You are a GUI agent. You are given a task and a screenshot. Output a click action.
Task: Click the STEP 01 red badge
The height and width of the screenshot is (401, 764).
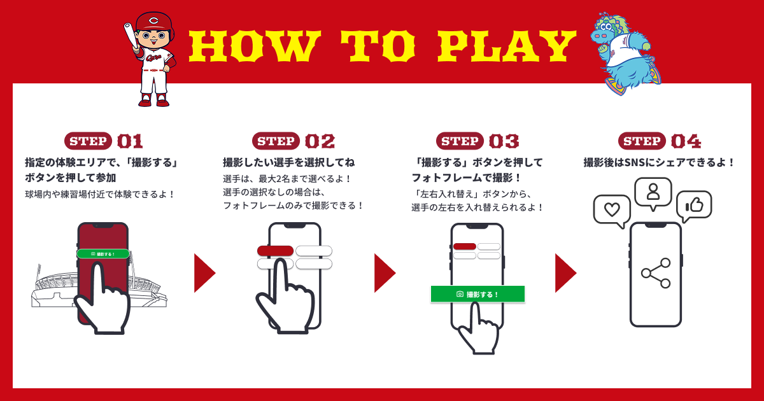click(x=88, y=141)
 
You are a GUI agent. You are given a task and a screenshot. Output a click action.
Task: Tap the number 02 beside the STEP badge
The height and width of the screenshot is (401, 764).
click(x=320, y=141)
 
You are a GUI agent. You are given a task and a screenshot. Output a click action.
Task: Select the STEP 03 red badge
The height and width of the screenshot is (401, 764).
click(x=460, y=141)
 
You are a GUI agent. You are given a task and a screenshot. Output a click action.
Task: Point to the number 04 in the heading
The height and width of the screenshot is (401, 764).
click(x=686, y=141)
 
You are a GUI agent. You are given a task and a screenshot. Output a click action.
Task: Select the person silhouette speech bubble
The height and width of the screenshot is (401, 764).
click(x=653, y=193)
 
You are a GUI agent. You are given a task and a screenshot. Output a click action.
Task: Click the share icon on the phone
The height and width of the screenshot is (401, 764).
click(x=656, y=273)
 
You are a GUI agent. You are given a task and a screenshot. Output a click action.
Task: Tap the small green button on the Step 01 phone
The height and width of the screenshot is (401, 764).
click(x=103, y=254)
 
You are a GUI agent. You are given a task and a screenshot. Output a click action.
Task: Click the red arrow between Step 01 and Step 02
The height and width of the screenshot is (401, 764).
click(x=204, y=273)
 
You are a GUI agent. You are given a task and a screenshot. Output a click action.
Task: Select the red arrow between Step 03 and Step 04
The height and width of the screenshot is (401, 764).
click(x=565, y=273)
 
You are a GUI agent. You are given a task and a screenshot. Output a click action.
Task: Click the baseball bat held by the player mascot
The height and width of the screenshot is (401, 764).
click(x=131, y=36)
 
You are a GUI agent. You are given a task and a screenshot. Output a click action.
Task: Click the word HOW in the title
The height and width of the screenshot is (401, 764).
click(x=255, y=46)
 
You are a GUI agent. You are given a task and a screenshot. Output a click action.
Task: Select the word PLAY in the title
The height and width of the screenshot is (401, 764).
click(x=507, y=46)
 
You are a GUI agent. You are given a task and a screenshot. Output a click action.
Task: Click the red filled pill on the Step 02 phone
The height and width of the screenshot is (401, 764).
click(x=275, y=251)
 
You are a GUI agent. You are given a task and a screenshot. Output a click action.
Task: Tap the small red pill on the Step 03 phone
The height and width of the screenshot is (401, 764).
click(x=465, y=246)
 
